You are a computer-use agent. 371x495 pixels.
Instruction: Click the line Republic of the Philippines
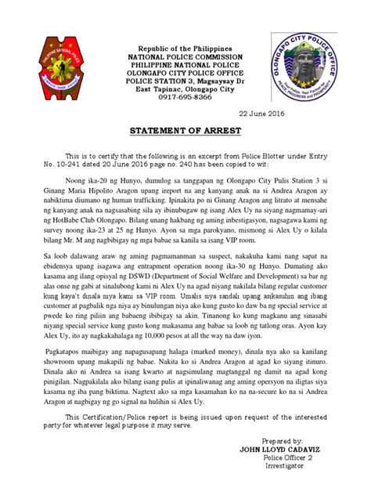click(185, 49)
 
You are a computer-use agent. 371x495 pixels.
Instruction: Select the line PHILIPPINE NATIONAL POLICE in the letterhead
click(185, 69)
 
